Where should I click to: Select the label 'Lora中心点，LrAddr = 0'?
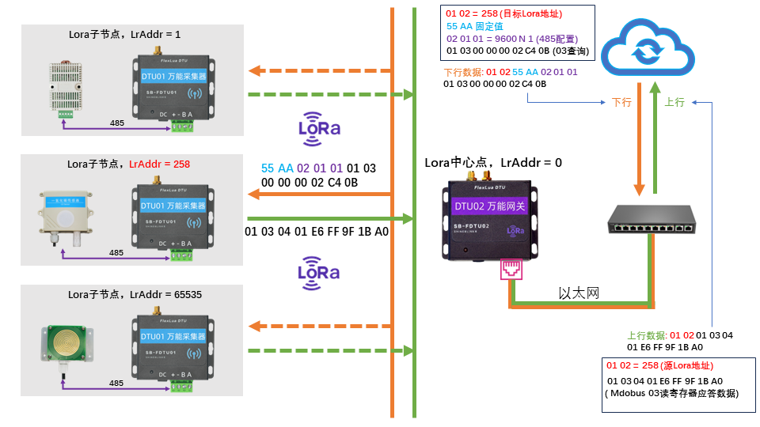[492, 162]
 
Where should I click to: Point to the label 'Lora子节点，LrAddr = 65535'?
[135, 294]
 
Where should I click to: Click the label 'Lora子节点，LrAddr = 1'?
[125, 35]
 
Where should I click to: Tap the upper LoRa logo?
[320, 127]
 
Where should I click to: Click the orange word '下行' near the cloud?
[621, 103]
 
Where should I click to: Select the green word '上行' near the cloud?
[674, 103]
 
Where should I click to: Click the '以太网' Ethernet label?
[579, 293]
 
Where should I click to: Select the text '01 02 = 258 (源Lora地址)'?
[659, 366]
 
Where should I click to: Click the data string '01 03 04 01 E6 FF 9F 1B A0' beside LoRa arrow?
[317, 232]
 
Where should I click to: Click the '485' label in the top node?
[116, 124]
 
